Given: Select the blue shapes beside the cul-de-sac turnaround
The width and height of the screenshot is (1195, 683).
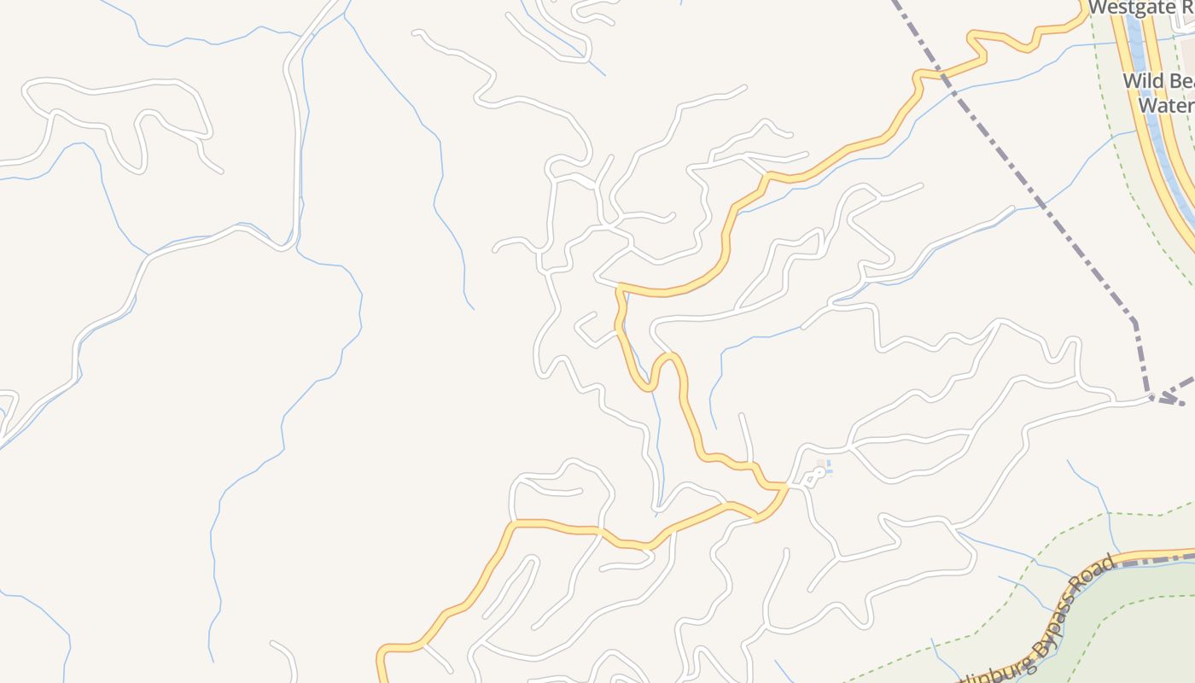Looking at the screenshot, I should (826, 468).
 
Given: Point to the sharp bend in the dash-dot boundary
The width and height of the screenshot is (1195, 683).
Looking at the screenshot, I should (1134, 322).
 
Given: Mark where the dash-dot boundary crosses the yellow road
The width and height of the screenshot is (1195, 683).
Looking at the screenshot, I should (942, 76).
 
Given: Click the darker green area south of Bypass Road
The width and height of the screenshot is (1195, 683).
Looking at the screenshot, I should (1135, 632).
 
